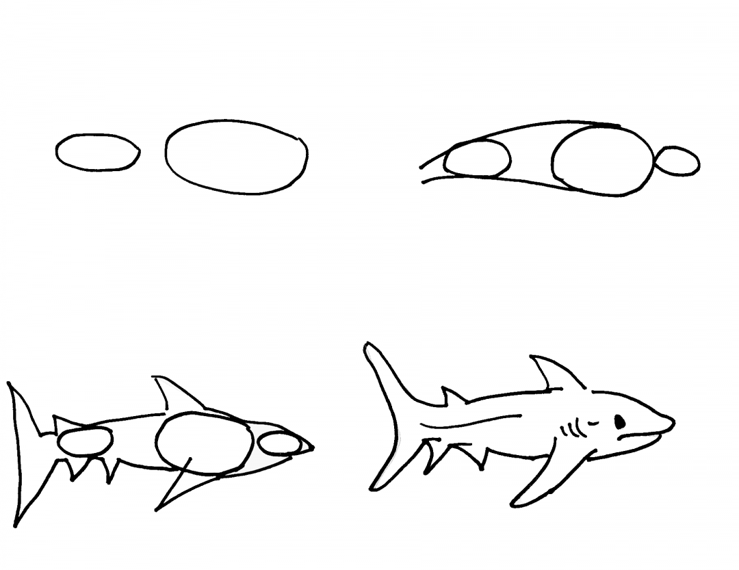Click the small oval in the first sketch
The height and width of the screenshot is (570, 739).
click(x=97, y=152)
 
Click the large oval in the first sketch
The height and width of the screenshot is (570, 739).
click(x=236, y=157)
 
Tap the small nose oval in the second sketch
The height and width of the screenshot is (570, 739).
click(x=677, y=161)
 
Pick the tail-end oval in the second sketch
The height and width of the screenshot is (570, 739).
click(x=478, y=159)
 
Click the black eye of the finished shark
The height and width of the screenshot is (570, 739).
click(x=620, y=422)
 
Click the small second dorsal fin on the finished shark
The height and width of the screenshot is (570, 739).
click(x=452, y=396)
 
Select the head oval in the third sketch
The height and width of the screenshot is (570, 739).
click(x=279, y=443)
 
